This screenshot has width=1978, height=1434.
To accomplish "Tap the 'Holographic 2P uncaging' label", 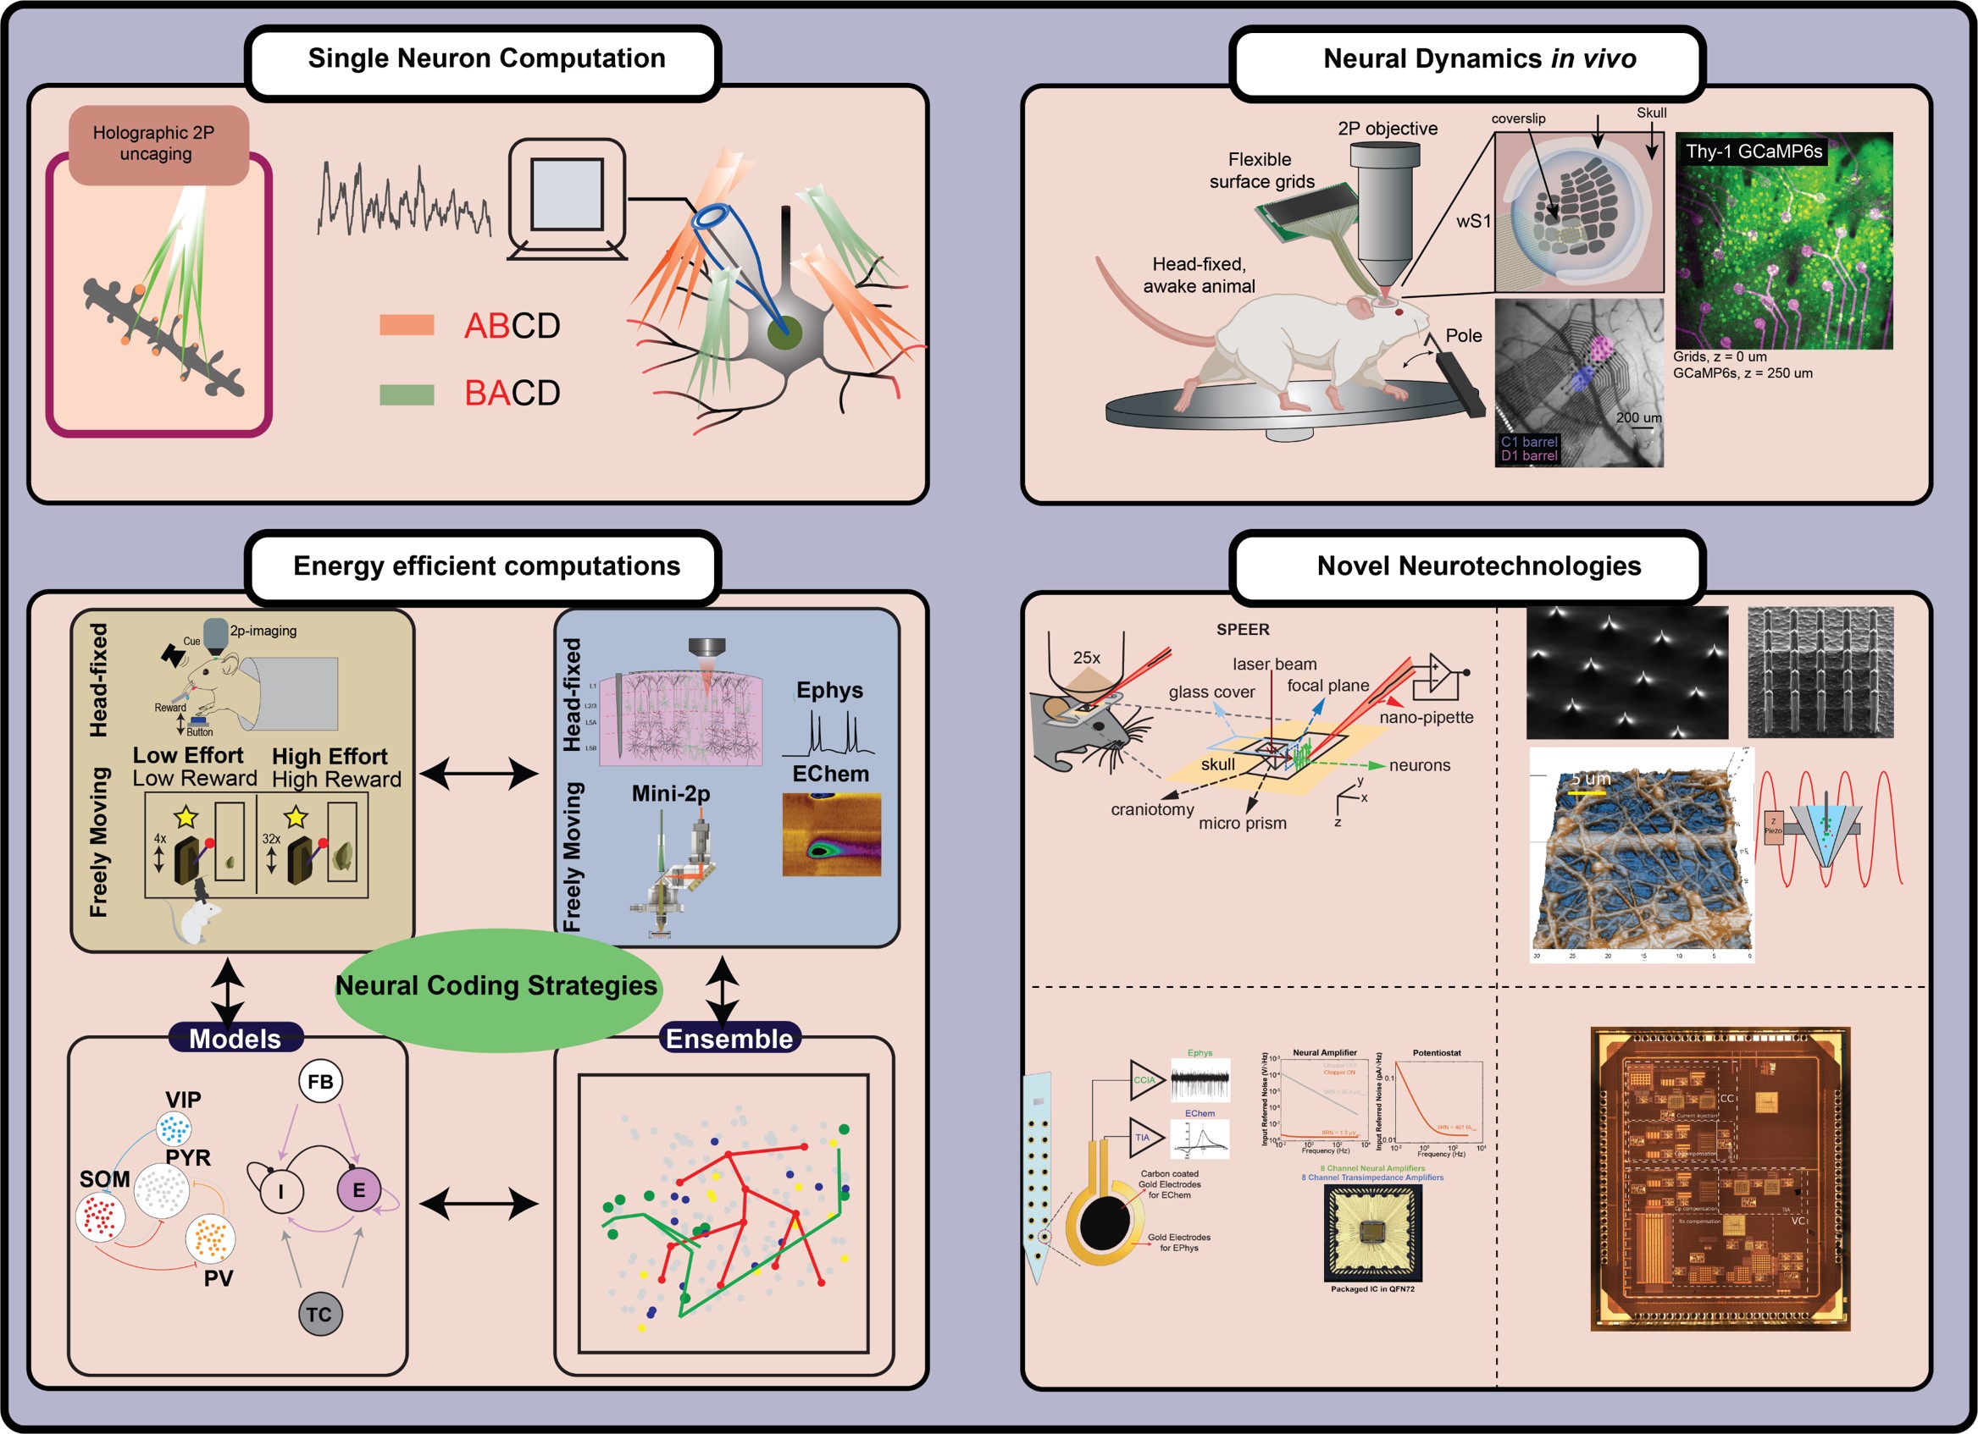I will coord(155,144).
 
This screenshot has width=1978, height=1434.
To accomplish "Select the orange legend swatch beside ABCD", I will coord(407,325).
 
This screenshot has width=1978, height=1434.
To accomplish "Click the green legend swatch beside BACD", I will coord(407,394).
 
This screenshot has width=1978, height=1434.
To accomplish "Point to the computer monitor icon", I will coord(567,200).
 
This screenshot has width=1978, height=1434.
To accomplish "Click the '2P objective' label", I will coord(1388,128).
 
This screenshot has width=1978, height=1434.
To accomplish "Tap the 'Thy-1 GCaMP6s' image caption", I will coord(1753,152).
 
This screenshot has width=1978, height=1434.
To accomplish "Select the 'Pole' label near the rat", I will coord(1464,335).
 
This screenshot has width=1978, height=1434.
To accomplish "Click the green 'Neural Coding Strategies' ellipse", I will coord(497,987).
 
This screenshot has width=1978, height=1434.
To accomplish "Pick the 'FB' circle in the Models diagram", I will coord(320,1082).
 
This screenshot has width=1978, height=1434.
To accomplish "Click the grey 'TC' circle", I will coord(320,1314).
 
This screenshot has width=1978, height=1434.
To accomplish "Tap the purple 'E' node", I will coord(358,1190).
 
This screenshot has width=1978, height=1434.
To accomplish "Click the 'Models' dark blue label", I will coord(235,1038).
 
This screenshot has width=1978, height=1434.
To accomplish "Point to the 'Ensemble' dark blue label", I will coord(729,1038).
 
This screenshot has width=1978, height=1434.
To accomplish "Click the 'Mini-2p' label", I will coord(671,793).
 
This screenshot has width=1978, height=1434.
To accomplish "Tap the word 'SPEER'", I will coord(1243,630).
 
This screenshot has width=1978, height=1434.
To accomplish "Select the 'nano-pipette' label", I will coord(1426,718).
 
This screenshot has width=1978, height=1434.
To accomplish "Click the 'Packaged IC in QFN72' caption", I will coord(1372,1288).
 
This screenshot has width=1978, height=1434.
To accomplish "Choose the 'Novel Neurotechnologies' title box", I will coord(1478,566).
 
